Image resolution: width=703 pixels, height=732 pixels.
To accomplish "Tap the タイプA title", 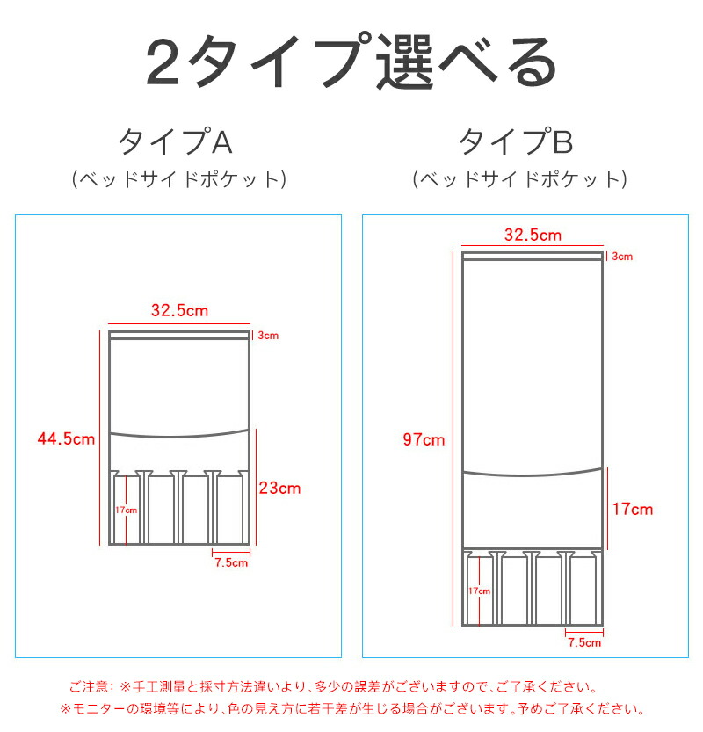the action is tap(176, 141).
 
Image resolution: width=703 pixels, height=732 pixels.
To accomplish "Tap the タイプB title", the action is tap(517, 141).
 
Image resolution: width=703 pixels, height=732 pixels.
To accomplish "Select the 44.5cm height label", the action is tap(66, 438).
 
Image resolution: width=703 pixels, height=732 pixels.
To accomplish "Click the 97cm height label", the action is tap(424, 439).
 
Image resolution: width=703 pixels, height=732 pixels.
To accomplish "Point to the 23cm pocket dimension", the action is tap(280, 489).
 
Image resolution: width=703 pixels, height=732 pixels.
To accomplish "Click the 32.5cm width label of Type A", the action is tap(180, 310).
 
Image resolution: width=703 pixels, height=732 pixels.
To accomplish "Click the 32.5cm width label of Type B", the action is tap(533, 235).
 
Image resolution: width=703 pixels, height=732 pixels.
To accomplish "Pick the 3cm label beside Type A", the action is tap(268, 335).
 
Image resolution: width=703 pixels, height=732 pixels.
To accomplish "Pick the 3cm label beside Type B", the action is tap(622, 257).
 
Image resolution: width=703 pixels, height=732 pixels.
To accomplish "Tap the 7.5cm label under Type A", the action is tap(231, 562).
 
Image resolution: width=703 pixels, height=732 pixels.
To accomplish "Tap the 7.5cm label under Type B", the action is tap(584, 642).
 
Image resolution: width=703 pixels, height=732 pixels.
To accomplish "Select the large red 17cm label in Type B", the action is tap(633, 510).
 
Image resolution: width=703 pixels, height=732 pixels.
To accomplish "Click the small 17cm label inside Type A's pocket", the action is tap(127, 510).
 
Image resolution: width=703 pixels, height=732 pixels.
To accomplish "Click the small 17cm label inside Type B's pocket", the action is tap(480, 591).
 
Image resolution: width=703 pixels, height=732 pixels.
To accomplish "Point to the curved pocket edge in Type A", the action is tap(179, 436).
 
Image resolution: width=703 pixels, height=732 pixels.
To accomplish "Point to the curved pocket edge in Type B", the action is tap(533, 475).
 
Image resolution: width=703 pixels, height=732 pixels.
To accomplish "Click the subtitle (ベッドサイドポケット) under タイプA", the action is tap(179, 179).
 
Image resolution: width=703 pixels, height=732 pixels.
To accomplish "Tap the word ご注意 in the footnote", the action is tap(89, 686).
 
